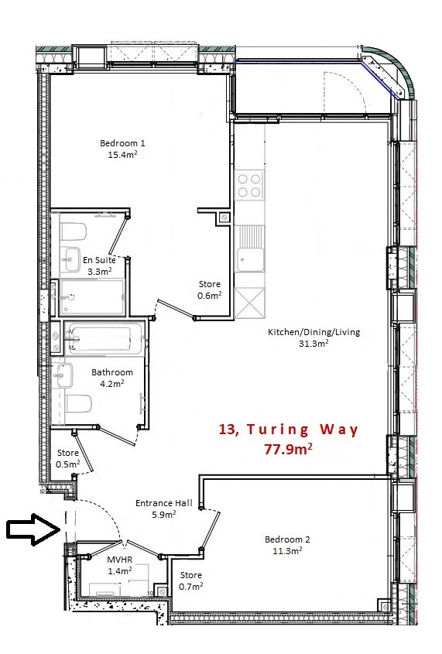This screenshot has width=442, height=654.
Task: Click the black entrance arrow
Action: coord(33,529)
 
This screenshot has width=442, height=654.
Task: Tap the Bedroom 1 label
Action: coord(122,143)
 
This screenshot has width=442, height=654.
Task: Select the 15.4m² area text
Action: coord(122,155)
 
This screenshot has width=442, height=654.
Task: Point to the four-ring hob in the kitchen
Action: coord(249,186)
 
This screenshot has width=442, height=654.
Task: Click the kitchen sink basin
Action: coord(250,260)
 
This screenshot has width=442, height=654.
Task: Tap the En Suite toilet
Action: coord(73,231)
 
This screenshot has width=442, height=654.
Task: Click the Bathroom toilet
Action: coord(78,404)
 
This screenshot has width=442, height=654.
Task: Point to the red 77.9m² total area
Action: coord(288,449)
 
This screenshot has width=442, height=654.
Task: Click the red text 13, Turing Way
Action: coord(289,430)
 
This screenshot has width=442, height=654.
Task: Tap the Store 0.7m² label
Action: coord(191,580)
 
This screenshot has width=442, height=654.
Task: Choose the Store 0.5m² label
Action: coord(68,458)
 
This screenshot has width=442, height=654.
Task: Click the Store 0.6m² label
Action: coord(209,289)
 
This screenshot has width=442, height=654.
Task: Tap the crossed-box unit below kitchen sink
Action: coord(249,303)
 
